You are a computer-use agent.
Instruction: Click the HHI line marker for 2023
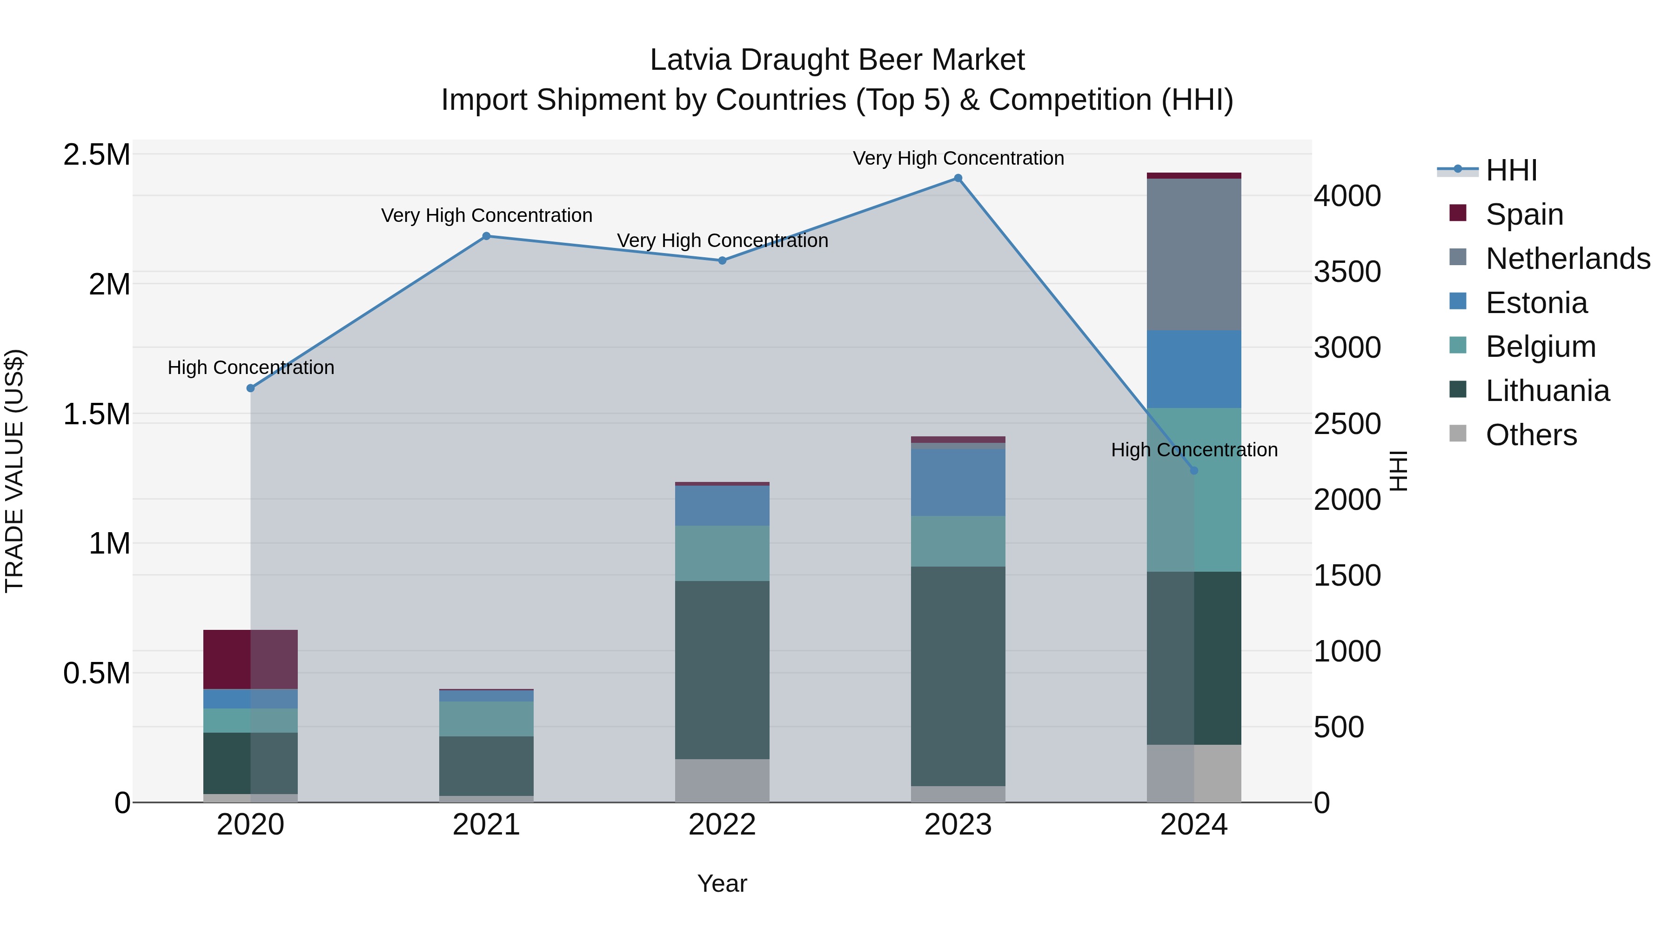[x=958, y=178]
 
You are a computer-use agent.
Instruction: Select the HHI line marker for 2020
[x=251, y=388]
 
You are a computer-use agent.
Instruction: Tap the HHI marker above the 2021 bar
[x=486, y=236]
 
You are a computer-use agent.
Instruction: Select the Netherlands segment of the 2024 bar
[x=1194, y=254]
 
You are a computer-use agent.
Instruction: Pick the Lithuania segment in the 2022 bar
[x=722, y=669]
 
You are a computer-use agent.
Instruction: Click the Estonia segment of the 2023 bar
[x=958, y=482]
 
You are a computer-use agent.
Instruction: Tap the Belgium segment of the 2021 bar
[x=486, y=718]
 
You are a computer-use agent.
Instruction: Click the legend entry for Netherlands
[x=1567, y=259]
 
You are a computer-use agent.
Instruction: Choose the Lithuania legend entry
[x=1547, y=391]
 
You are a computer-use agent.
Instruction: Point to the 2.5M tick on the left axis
[x=97, y=155]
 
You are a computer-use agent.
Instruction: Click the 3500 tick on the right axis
[x=1347, y=272]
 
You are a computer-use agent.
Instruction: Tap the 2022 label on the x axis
[x=722, y=825]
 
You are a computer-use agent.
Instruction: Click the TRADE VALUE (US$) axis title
[x=14, y=471]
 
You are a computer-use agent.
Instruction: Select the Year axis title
[x=722, y=883]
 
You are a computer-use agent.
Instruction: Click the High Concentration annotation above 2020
[x=251, y=367]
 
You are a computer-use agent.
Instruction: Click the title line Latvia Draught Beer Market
[x=837, y=60]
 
